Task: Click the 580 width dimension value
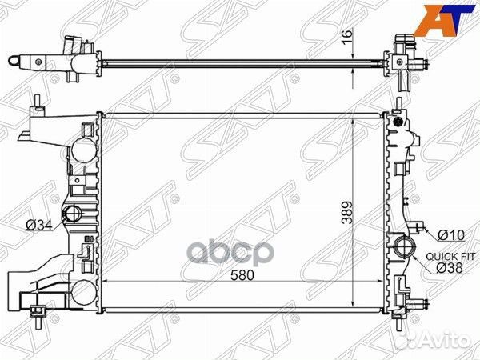click(242, 275)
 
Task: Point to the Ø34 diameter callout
click(39, 226)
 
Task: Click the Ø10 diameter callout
click(451, 235)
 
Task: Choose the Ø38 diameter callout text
click(449, 268)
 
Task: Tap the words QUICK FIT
click(450, 257)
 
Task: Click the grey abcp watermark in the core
click(230, 254)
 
